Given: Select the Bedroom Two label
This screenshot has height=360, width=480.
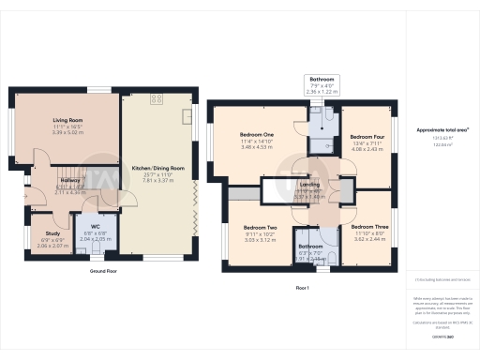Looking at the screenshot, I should pyautogui.click(x=259, y=228).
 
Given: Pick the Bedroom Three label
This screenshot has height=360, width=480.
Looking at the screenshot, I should pyautogui.click(x=368, y=227).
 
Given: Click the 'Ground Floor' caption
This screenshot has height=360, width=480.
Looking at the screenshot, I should pyautogui.click(x=103, y=271).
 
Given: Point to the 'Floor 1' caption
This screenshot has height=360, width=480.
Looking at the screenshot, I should pyautogui.click(x=302, y=286).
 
